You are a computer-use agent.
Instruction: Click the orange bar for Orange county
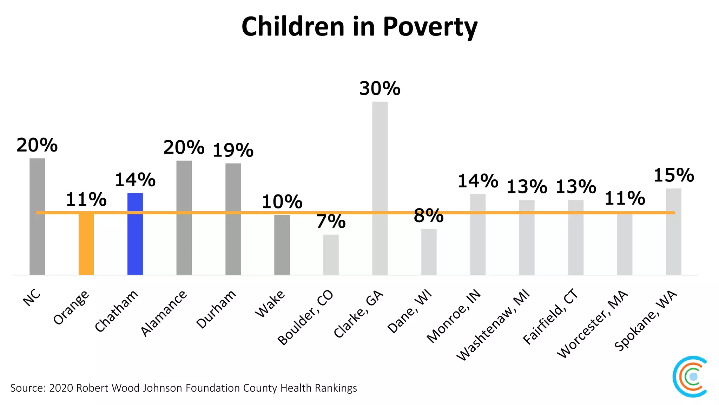coord(86,244)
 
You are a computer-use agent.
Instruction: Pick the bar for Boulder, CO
coord(331,255)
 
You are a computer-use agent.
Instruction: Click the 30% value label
coord(380,89)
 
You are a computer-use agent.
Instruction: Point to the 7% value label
coord(331,221)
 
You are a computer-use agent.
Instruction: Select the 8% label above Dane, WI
coord(429,216)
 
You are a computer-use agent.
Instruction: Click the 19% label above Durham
coord(233,150)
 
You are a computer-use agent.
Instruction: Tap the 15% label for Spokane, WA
coord(673,175)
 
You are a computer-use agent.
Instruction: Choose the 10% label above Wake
coord(282,202)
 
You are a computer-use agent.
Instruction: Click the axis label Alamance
coord(164,314)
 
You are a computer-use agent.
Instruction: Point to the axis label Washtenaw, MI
coord(493,325)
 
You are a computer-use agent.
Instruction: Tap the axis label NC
coord(32,298)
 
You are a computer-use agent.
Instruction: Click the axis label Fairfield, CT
coord(550,316)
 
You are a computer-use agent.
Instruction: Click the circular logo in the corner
coord(690,377)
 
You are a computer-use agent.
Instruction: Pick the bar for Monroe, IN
coord(477,234)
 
